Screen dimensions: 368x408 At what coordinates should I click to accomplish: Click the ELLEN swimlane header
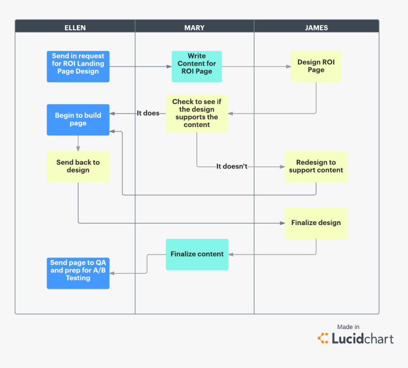pos(75,28)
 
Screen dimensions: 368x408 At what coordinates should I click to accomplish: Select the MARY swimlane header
pos(195,28)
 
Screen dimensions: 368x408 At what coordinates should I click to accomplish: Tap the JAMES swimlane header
pos(316,28)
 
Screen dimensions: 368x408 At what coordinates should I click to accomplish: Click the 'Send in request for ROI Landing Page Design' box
pos(78,66)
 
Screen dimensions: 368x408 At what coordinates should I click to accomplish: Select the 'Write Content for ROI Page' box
pos(196,66)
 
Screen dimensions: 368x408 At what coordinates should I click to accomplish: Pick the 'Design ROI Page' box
pos(316,66)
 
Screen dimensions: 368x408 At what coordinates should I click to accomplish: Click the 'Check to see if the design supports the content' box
pos(196,113)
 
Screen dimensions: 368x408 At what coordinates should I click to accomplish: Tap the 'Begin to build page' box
pos(78,120)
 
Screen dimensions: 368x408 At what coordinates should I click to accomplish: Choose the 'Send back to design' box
pos(78,167)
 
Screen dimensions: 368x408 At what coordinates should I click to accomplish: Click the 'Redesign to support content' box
pos(316,167)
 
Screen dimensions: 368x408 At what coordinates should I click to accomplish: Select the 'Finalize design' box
pos(316,223)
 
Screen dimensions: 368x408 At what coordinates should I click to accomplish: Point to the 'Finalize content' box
pos(197,255)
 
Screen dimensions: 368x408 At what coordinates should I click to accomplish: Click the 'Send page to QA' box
pos(78,273)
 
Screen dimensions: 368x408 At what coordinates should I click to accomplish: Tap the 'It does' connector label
pos(148,113)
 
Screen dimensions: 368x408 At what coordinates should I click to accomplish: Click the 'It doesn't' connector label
pos(232,167)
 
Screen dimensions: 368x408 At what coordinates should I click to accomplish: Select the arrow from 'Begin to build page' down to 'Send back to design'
pos(78,143)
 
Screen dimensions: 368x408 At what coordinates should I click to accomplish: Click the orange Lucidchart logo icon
pos(323,339)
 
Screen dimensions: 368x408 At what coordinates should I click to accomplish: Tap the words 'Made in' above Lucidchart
pos(348,327)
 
